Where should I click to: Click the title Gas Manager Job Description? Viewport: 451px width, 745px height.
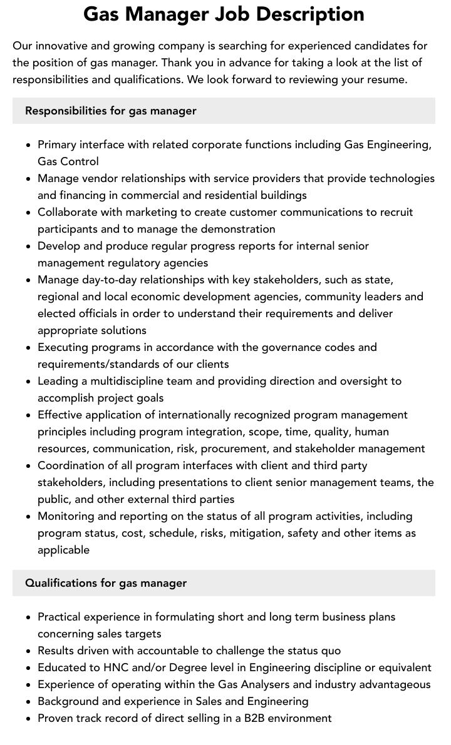(224, 14)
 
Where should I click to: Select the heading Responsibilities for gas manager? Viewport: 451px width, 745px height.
(111, 111)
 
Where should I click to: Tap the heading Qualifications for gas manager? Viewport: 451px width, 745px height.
(106, 583)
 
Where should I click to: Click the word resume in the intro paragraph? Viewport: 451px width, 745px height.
(386, 79)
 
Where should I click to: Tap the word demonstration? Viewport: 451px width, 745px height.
(235, 229)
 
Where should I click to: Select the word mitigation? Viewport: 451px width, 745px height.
(257, 533)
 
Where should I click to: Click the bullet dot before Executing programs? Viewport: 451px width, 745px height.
(28, 348)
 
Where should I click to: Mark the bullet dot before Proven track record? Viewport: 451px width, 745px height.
(28, 719)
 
